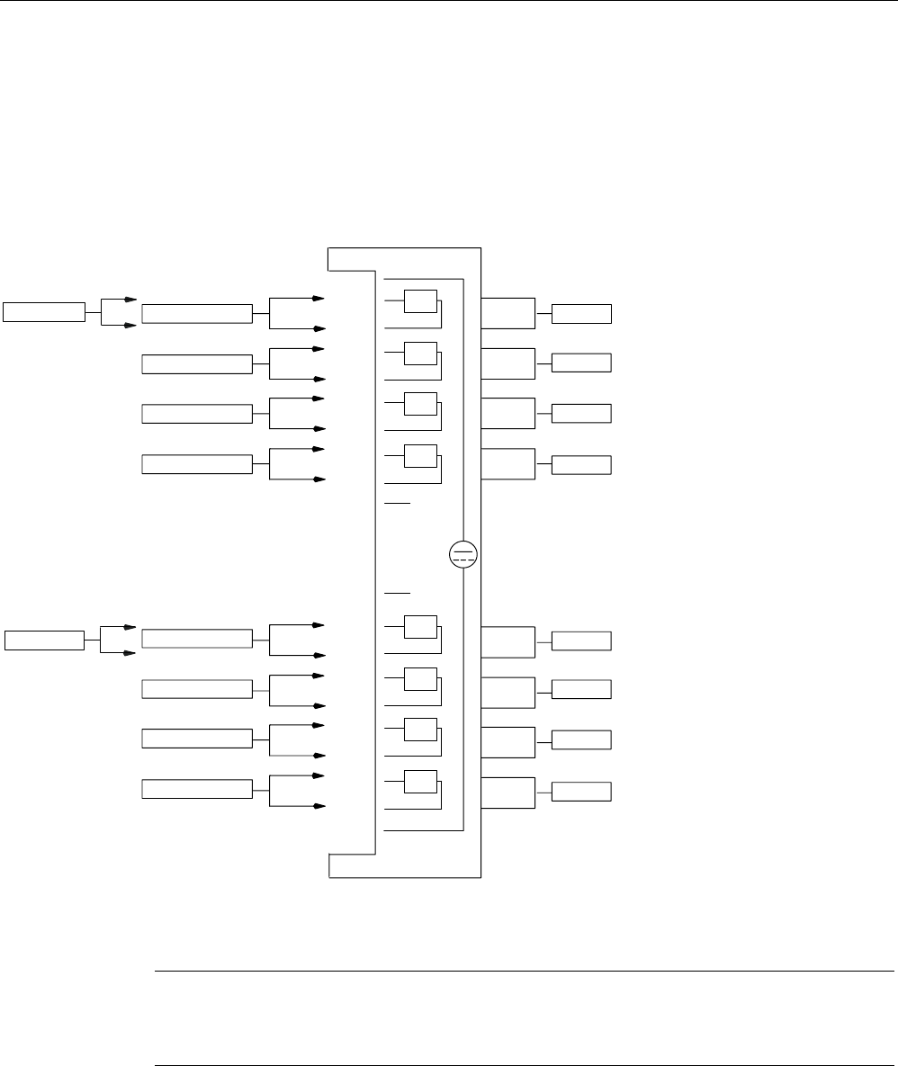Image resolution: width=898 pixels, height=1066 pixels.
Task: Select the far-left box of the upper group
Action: (x=43, y=312)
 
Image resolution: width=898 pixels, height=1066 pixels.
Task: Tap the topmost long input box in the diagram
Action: (x=197, y=313)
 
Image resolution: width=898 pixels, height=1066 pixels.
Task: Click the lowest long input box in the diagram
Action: (x=197, y=789)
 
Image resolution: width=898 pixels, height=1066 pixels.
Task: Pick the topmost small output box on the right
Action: (x=581, y=314)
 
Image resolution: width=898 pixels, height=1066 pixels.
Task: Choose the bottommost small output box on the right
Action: (x=581, y=792)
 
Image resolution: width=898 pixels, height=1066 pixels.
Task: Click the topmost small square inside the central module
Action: (x=420, y=301)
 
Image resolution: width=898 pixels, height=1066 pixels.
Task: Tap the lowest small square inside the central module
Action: (x=420, y=782)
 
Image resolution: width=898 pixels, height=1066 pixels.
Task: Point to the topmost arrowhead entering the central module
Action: (x=319, y=298)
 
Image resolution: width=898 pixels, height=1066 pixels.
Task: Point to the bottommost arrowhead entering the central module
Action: (x=319, y=806)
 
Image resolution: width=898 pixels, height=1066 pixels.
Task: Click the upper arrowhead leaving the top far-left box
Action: (x=131, y=300)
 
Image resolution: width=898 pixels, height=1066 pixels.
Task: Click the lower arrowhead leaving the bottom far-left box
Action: (x=131, y=654)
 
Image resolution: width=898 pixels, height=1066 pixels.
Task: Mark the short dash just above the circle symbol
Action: (x=398, y=504)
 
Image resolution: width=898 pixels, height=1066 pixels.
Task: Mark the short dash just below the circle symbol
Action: (x=398, y=594)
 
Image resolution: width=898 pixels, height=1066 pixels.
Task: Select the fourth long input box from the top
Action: (x=197, y=464)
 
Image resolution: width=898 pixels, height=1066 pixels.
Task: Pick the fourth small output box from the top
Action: (x=581, y=465)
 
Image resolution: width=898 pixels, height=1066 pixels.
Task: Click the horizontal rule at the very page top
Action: (x=449, y=1)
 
